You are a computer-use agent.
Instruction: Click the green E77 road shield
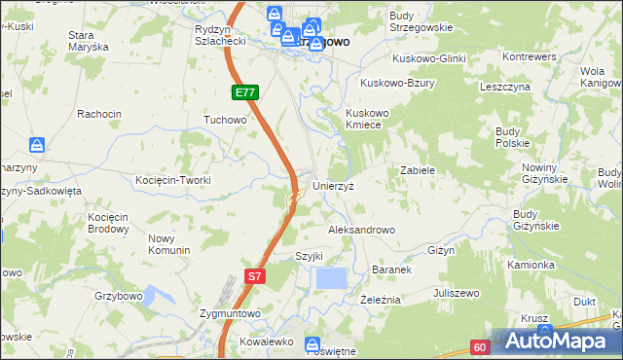[244, 92]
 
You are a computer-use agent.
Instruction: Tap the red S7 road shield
[253, 276]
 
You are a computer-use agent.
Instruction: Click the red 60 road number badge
[480, 345]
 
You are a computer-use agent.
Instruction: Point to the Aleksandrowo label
[361, 230]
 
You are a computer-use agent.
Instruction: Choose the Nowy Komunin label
[168, 244]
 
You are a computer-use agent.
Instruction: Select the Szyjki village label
[309, 256]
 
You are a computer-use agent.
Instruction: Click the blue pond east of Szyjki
[331, 278]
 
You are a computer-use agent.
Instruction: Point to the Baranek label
[393, 269]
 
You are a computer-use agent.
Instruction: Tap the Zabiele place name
[417, 169]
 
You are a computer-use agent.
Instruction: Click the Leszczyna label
[504, 87]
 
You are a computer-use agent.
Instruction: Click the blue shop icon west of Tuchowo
[37, 145]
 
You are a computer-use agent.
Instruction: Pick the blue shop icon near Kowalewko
[312, 343]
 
